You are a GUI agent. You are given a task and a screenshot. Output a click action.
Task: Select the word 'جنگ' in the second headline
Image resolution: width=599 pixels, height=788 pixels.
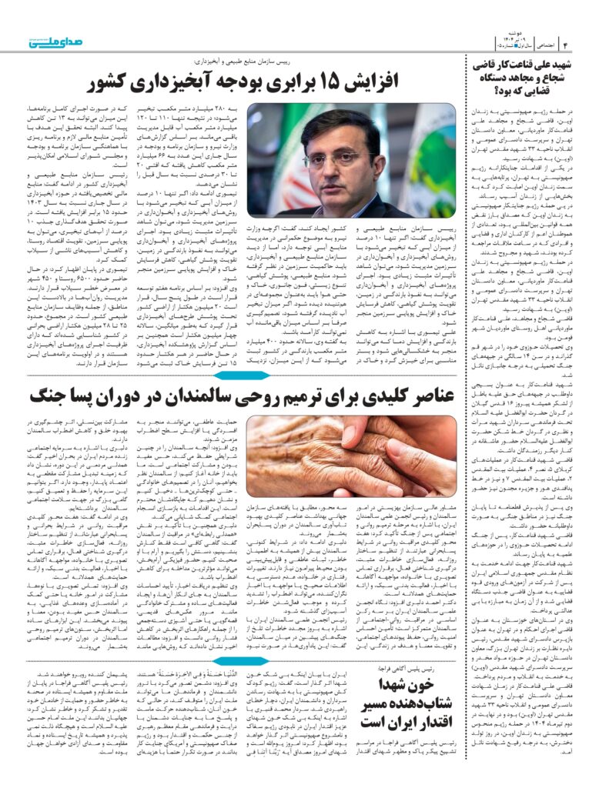(x=49, y=397)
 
